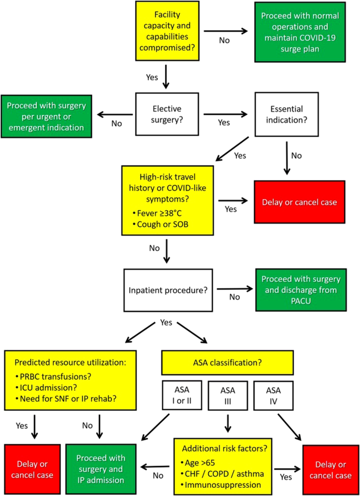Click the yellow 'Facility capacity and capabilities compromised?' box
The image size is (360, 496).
[x=166, y=31]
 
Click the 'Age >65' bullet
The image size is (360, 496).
[x=203, y=463]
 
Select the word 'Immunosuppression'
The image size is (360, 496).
[x=225, y=484]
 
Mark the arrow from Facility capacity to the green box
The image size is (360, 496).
[x=227, y=32]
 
